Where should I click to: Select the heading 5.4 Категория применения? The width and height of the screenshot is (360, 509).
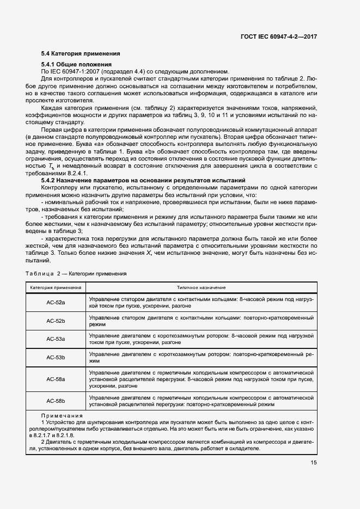(x=81, y=53)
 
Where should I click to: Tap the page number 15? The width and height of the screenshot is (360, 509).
(x=314, y=462)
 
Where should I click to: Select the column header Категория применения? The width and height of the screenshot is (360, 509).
(x=56, y=287)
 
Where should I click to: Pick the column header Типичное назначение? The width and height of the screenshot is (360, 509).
(x=201, y=287)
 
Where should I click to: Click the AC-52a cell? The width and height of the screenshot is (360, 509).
(x=56, y=302)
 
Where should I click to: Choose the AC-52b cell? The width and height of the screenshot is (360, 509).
(x=56, y=321)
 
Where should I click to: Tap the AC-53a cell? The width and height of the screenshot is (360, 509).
(x=56, y=339)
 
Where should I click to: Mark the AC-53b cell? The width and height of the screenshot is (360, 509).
(x=56, y=358)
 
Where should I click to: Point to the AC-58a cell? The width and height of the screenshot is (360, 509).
(x=56, y=379)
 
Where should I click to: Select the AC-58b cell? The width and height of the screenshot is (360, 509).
(x=56, y=401)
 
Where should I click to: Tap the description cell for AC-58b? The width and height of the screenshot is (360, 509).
(x=201, y=401)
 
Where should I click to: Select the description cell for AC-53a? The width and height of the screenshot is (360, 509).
(x=201, y=340)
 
